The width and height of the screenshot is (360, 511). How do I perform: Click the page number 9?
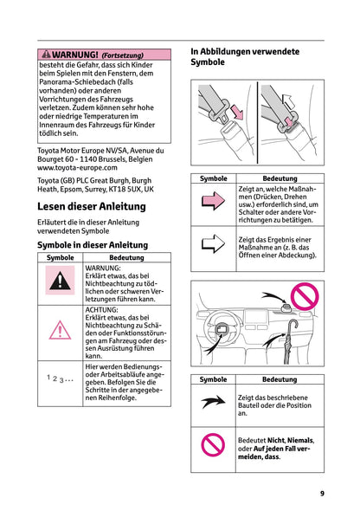[322, 493]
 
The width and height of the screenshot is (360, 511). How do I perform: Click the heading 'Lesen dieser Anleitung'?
[92, 208]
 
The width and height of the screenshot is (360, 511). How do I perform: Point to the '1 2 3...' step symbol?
[60, 378]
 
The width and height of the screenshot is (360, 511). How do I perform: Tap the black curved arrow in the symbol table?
[213, 404]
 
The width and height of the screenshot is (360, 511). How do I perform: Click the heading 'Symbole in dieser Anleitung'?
[92, 245]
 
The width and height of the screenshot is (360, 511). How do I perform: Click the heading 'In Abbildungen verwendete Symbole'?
[244, 57]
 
